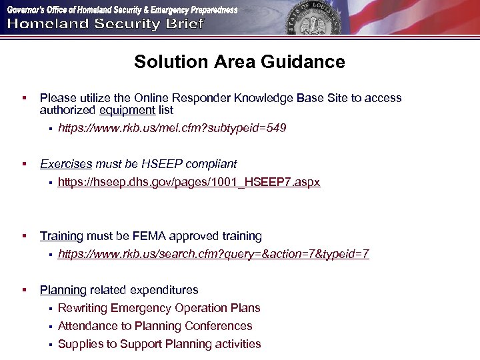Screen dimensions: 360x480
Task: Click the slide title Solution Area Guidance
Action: coord(239,62)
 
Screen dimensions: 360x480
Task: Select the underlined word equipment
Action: coord(127,110)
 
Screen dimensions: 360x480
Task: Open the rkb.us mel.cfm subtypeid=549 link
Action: coord(172,128)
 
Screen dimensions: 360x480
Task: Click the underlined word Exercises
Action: coord(66,164)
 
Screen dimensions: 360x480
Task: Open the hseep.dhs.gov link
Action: coord(189,182)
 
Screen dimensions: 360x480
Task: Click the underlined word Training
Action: coord(61,236)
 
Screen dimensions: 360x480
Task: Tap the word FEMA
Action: coord(151,236)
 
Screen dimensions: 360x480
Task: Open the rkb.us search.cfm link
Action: coord(213,254)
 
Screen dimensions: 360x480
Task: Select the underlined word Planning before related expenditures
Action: coord(63,290)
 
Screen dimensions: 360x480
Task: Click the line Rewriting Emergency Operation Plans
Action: coord(159,308)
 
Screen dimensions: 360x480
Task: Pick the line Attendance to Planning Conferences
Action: coord(155,326)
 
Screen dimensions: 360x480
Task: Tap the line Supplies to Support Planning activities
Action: coord(159,344)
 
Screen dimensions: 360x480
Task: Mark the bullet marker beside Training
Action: coord(23,236)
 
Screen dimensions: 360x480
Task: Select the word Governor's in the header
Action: coord(26,10)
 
